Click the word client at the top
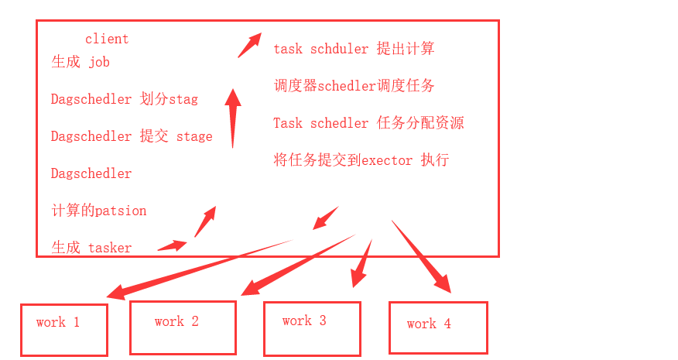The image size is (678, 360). [107, 39]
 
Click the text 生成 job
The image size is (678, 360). [80, 62]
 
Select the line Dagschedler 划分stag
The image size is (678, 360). [125, 99]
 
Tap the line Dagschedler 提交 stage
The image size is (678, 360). [132, 136]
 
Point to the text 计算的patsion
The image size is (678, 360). [99, 211]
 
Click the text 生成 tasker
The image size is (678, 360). [91, 248]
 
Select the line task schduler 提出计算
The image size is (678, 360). [354, 49]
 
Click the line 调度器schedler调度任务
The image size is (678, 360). [354, 86]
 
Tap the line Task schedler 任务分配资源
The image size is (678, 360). [368, 123]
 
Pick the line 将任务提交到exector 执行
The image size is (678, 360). [361, 160]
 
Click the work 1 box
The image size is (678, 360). [64, 329]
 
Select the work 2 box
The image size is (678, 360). [183, 327]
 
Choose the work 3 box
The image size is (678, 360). [312, 328]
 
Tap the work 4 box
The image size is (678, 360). [438, 327]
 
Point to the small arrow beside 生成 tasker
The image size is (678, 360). [173, 246]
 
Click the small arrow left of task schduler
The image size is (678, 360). [248, 46]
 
